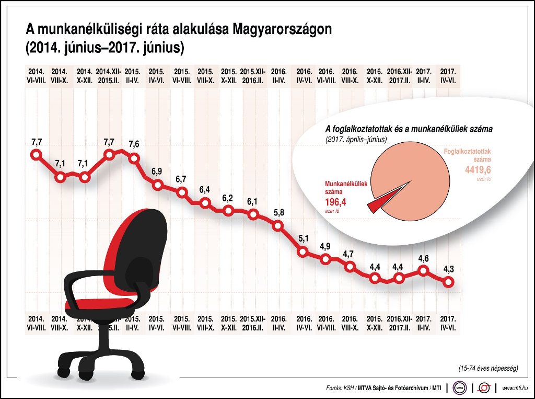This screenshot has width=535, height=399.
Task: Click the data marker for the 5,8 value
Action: (278, 226)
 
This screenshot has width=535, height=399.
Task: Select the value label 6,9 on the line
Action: (156, 172)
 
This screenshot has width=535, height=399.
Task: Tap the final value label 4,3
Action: (448, 269)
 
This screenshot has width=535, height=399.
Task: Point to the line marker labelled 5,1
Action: (303, 252)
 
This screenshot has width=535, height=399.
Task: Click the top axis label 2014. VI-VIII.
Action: (36, 76)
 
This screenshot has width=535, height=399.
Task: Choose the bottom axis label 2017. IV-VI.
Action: (448, 323)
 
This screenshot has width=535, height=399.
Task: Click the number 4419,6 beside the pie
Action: (478, 170)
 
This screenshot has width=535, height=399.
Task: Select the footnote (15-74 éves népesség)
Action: (488, 369)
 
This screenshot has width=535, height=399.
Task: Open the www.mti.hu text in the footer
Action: (515, 388)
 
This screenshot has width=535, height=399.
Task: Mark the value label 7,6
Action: (134, 144)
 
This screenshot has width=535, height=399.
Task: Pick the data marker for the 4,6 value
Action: (423, 270)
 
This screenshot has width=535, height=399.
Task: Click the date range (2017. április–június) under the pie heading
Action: (355, 140)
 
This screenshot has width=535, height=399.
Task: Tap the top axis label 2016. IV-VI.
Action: (304, 76)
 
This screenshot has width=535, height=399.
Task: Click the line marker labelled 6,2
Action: (228, 211)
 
